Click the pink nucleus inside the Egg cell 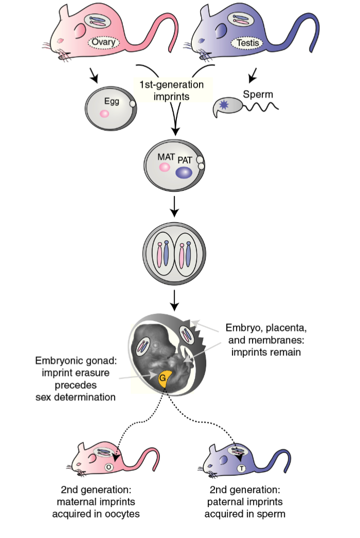pos(104,114)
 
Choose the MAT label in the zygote pos(167,155)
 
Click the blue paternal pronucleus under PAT pos(184,173)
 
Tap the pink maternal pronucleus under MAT pos(165,167)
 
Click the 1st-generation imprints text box pos(171,89)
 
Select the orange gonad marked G pos(164,381)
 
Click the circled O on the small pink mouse pos(109,468)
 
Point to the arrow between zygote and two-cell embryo pos(175,206)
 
